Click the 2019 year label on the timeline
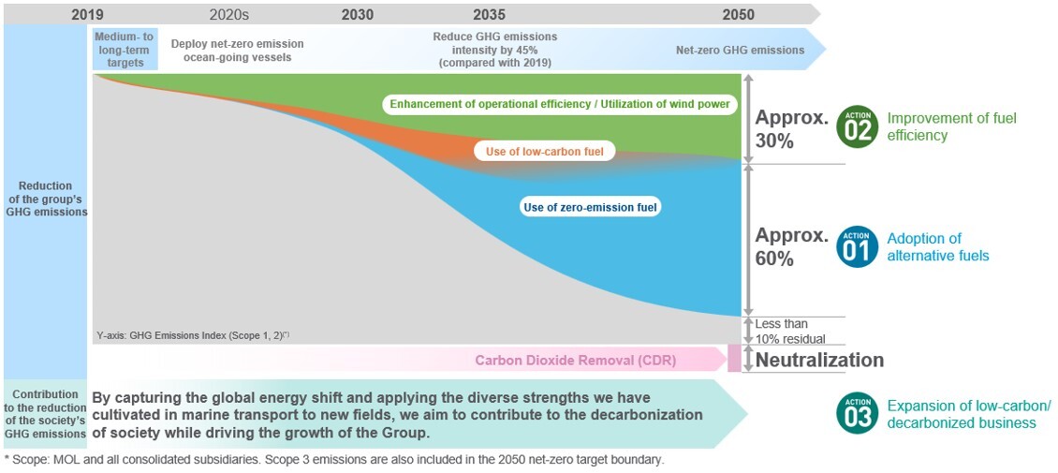click(87, 14)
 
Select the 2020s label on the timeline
click(229, 14)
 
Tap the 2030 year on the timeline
click(358, 14)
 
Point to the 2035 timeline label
click(489, 14)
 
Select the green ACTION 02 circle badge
click(857, 126)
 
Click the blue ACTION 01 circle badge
click(857, 246)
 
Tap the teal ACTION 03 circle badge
click(857, 413)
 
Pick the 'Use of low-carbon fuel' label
click(544, 151)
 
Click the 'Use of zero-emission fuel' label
click(590, 207)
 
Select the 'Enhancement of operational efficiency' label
click(560, 104)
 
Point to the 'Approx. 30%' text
click(791, 129)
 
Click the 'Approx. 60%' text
click(791, 246)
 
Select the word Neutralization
click(819, 360)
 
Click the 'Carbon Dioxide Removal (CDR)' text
click(575, 360)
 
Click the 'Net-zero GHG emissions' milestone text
click(740, 50)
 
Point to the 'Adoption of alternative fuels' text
click(937, 246)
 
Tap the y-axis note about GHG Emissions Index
click(193, 334)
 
